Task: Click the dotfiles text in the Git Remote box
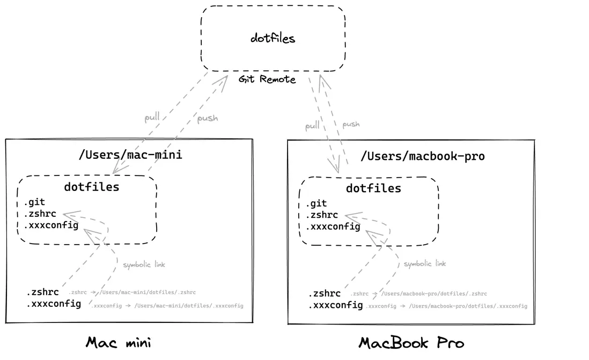point(273,38)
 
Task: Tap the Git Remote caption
point(267,79)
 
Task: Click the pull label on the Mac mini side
point(152,117)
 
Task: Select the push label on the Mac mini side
point(208,118)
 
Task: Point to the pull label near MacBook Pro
point(312,126)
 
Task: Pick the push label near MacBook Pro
point(351,124)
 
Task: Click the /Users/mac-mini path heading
point(130,155)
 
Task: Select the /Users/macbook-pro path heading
point(422,156)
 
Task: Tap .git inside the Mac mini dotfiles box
point(34,202)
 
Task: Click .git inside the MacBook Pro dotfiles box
point(316,203)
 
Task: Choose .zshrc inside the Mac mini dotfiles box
point(40,214)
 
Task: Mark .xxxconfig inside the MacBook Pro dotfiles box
point(333,226)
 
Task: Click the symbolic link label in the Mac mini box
point(144,265)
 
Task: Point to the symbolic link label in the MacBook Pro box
point(425,263)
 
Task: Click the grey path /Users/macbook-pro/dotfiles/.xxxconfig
point(468,306)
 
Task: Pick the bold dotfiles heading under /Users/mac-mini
point(92,187)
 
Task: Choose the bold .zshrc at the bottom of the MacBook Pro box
point(324,293)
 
